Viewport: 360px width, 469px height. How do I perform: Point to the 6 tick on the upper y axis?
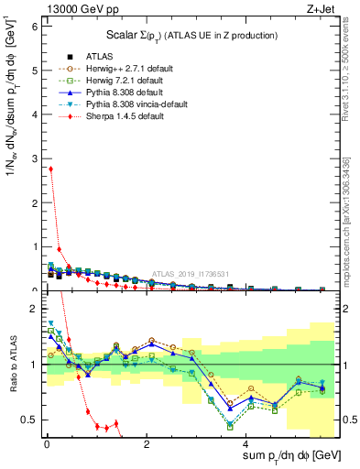pyautogui.click(x=36, y=27)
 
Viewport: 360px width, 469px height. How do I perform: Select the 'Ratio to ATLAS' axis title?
pyautogui.click(x=12, y=364)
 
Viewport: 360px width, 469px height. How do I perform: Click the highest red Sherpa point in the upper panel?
pyautogui.click(x=50, y=169)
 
